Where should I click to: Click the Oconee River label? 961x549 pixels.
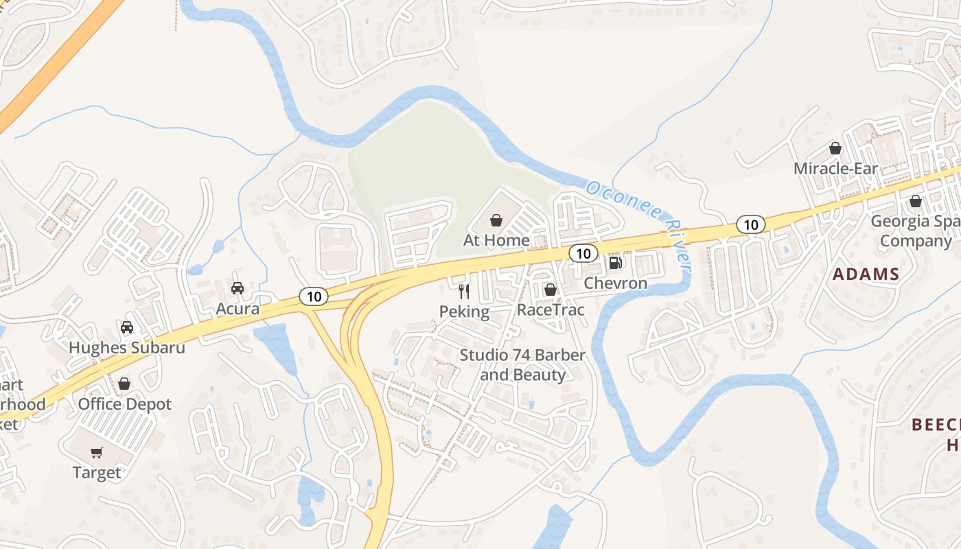[638, 224]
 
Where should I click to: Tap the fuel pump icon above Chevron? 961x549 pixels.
[616, 262]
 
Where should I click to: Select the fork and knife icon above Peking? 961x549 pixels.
[464, 292]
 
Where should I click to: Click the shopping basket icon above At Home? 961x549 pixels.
[496, 220]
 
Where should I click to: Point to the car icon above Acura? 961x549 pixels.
[238, 288]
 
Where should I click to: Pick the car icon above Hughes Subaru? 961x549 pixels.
[127, 327]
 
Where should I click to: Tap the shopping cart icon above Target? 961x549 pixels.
[97, 452]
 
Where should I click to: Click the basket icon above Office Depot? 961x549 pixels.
[124, 384]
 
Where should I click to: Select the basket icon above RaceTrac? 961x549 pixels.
[550, 290]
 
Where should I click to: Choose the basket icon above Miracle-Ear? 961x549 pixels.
[835, 148]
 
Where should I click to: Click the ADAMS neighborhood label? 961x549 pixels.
[866, 274]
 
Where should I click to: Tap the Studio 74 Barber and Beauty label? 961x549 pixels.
[522, 365]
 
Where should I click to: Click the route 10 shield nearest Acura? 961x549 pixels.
[314, 296]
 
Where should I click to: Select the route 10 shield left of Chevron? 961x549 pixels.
[583, 254]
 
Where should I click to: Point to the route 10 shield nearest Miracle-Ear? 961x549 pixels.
[751, 224]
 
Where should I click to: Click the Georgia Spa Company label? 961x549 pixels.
[915, 231]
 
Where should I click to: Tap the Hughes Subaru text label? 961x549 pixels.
[127, 347]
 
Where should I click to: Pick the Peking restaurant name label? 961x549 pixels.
[465, 312]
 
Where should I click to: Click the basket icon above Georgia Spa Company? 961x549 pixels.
[915, 201]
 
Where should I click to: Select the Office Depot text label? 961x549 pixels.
[125, 404]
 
